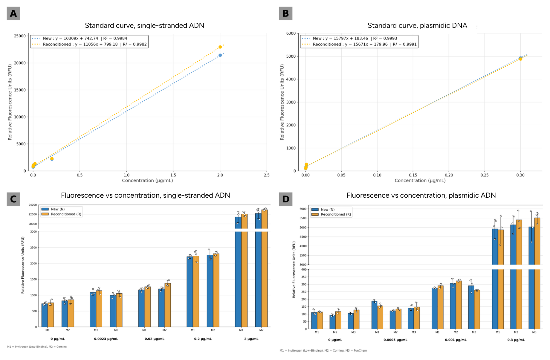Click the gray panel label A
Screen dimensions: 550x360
[x=13, y=13]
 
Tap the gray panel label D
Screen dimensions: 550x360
[x=286, y=199]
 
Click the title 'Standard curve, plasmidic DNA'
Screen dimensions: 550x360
[x=417, y=25]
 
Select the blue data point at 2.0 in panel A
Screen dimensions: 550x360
[x=220, y=55]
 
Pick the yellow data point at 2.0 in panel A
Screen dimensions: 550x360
[x=220, y=47]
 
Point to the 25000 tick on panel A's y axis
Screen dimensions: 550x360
[x=20, y=36]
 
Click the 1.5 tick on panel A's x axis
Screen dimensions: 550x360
[x=173, y=175]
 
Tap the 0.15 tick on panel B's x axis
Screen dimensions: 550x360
[x=413, y=175]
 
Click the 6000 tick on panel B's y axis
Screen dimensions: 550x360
[x=291, y=33]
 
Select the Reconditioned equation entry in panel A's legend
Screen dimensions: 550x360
[x=89, y=44]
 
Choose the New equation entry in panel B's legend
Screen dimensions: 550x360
[x=349, y=38]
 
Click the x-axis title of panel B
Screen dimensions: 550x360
[x=420, y=181]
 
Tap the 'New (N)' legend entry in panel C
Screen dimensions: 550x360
[x=53, y=209]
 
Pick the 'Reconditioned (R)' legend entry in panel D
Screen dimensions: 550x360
[x=331, y=214]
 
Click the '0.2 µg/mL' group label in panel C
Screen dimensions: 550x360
[x=203, y=339]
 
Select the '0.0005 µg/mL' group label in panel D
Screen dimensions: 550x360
[x=395, y=340]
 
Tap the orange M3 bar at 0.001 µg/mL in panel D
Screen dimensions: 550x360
[x=477, y=309]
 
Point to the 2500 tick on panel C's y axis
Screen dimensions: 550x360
[x=33, y=248]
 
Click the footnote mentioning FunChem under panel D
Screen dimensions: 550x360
[x=323, y=350]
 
